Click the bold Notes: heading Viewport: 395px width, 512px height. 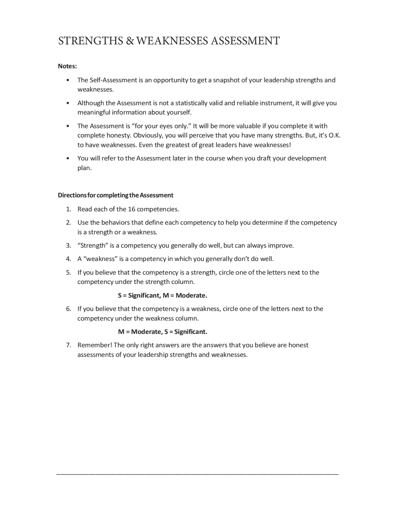pyautogui.click(x=67, y=66)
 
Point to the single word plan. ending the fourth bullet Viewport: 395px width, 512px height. pyautogui.click(x=85, y=168)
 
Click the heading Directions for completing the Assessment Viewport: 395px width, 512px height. pyautogui.click(x=115, y=195)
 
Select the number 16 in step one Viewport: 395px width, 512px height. pyautogui.click(x=131, y=209)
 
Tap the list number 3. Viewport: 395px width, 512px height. pyautogui.click(x=68, y=245)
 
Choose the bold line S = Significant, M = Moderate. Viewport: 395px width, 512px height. pyautogui.click(x=162, y=295)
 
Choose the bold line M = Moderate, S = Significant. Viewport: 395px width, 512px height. pyautogui.click(x=162, y=332)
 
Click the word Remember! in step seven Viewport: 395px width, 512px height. pyautogui.click(x=94, y=345)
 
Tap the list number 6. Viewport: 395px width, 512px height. pyautogui.click(x=68, y=309)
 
